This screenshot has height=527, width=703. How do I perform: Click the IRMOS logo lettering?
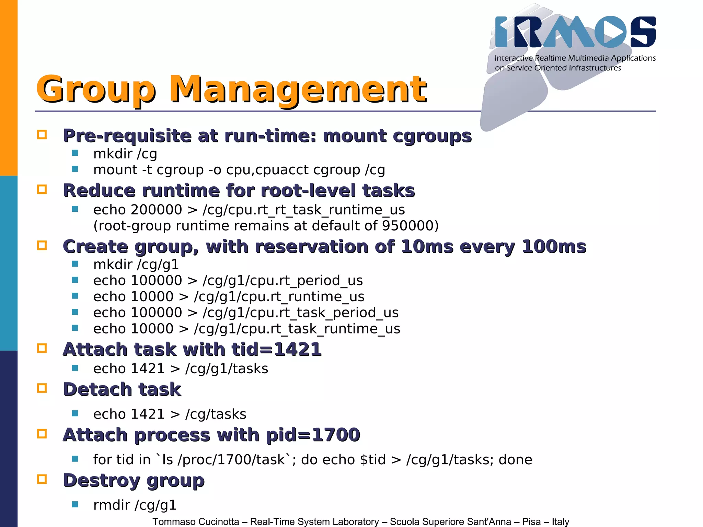575,32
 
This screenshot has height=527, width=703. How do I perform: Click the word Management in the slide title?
298,90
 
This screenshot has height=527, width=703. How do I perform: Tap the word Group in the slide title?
96,90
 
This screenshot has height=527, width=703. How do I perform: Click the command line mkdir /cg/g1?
136,265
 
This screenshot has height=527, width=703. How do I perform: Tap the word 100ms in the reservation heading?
554,247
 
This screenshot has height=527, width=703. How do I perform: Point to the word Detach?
97,389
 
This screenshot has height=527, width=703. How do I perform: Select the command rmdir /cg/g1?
135,505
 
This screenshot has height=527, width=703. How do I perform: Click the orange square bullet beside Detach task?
42,388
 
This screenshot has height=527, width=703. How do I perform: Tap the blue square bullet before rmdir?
75,504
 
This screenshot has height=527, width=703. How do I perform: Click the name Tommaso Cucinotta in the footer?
196,522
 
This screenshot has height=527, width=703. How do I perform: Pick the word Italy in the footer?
560,522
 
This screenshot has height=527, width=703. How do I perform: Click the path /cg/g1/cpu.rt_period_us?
283,281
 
